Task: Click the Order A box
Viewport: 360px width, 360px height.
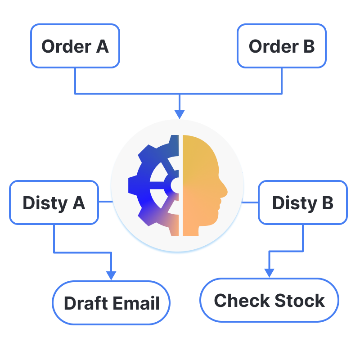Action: (x=75, y=46)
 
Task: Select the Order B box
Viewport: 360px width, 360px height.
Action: (x=282, y=46)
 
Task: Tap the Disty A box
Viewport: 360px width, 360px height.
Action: (x=54, y=202)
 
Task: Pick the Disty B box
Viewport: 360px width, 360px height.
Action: (x=302, y=202)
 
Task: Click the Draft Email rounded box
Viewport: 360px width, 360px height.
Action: (x=112, y=303)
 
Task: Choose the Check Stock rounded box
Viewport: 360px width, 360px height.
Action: (x=269, y=300)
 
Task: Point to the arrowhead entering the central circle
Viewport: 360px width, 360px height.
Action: (x=180, y=114)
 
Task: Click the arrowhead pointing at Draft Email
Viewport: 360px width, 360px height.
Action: (x=111, y=275)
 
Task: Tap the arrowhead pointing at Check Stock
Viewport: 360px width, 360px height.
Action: (x=269, y=273)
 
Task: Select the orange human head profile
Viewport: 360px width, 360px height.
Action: (x=202, y=184)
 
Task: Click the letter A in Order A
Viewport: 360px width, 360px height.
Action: (x=102, y=46)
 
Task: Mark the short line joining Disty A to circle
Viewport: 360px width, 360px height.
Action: (x=105, y=201)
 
